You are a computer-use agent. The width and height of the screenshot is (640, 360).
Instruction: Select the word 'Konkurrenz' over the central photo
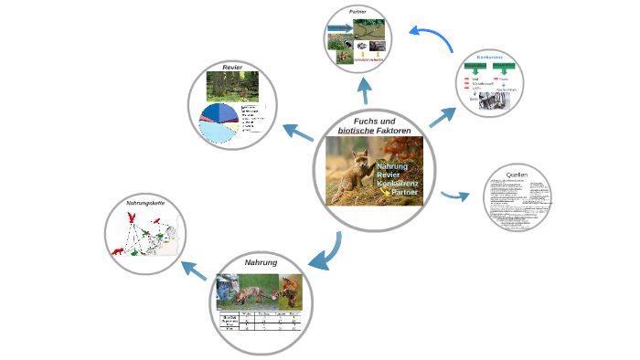click(397, 185)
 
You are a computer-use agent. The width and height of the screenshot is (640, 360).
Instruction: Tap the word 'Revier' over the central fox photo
click(387, 175)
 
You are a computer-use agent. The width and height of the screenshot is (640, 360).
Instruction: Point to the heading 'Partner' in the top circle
click(357, 12)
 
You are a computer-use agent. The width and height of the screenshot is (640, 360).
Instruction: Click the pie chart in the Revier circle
click(219, 124)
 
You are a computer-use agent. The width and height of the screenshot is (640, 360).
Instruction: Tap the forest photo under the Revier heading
click(232, 87)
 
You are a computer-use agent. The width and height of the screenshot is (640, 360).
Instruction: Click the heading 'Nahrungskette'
click(144, 202)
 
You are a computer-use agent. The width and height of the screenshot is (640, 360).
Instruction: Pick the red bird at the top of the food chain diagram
click(132, 217)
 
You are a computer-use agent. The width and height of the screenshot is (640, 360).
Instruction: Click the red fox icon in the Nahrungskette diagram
click(117, 249)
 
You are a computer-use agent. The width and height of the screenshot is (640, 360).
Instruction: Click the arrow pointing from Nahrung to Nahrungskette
click(193, 270)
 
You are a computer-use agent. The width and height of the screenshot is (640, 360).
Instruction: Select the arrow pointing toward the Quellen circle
click(454, 196)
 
